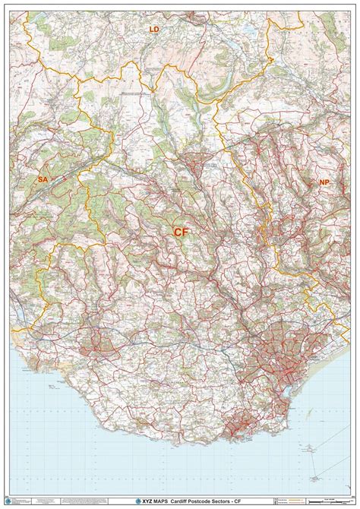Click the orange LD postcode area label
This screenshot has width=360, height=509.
pos(155,29)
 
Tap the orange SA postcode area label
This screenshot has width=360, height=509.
pos(43,179)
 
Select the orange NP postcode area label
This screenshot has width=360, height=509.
pos(325,183)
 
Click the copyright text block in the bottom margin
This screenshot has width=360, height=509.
pos(46,501)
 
